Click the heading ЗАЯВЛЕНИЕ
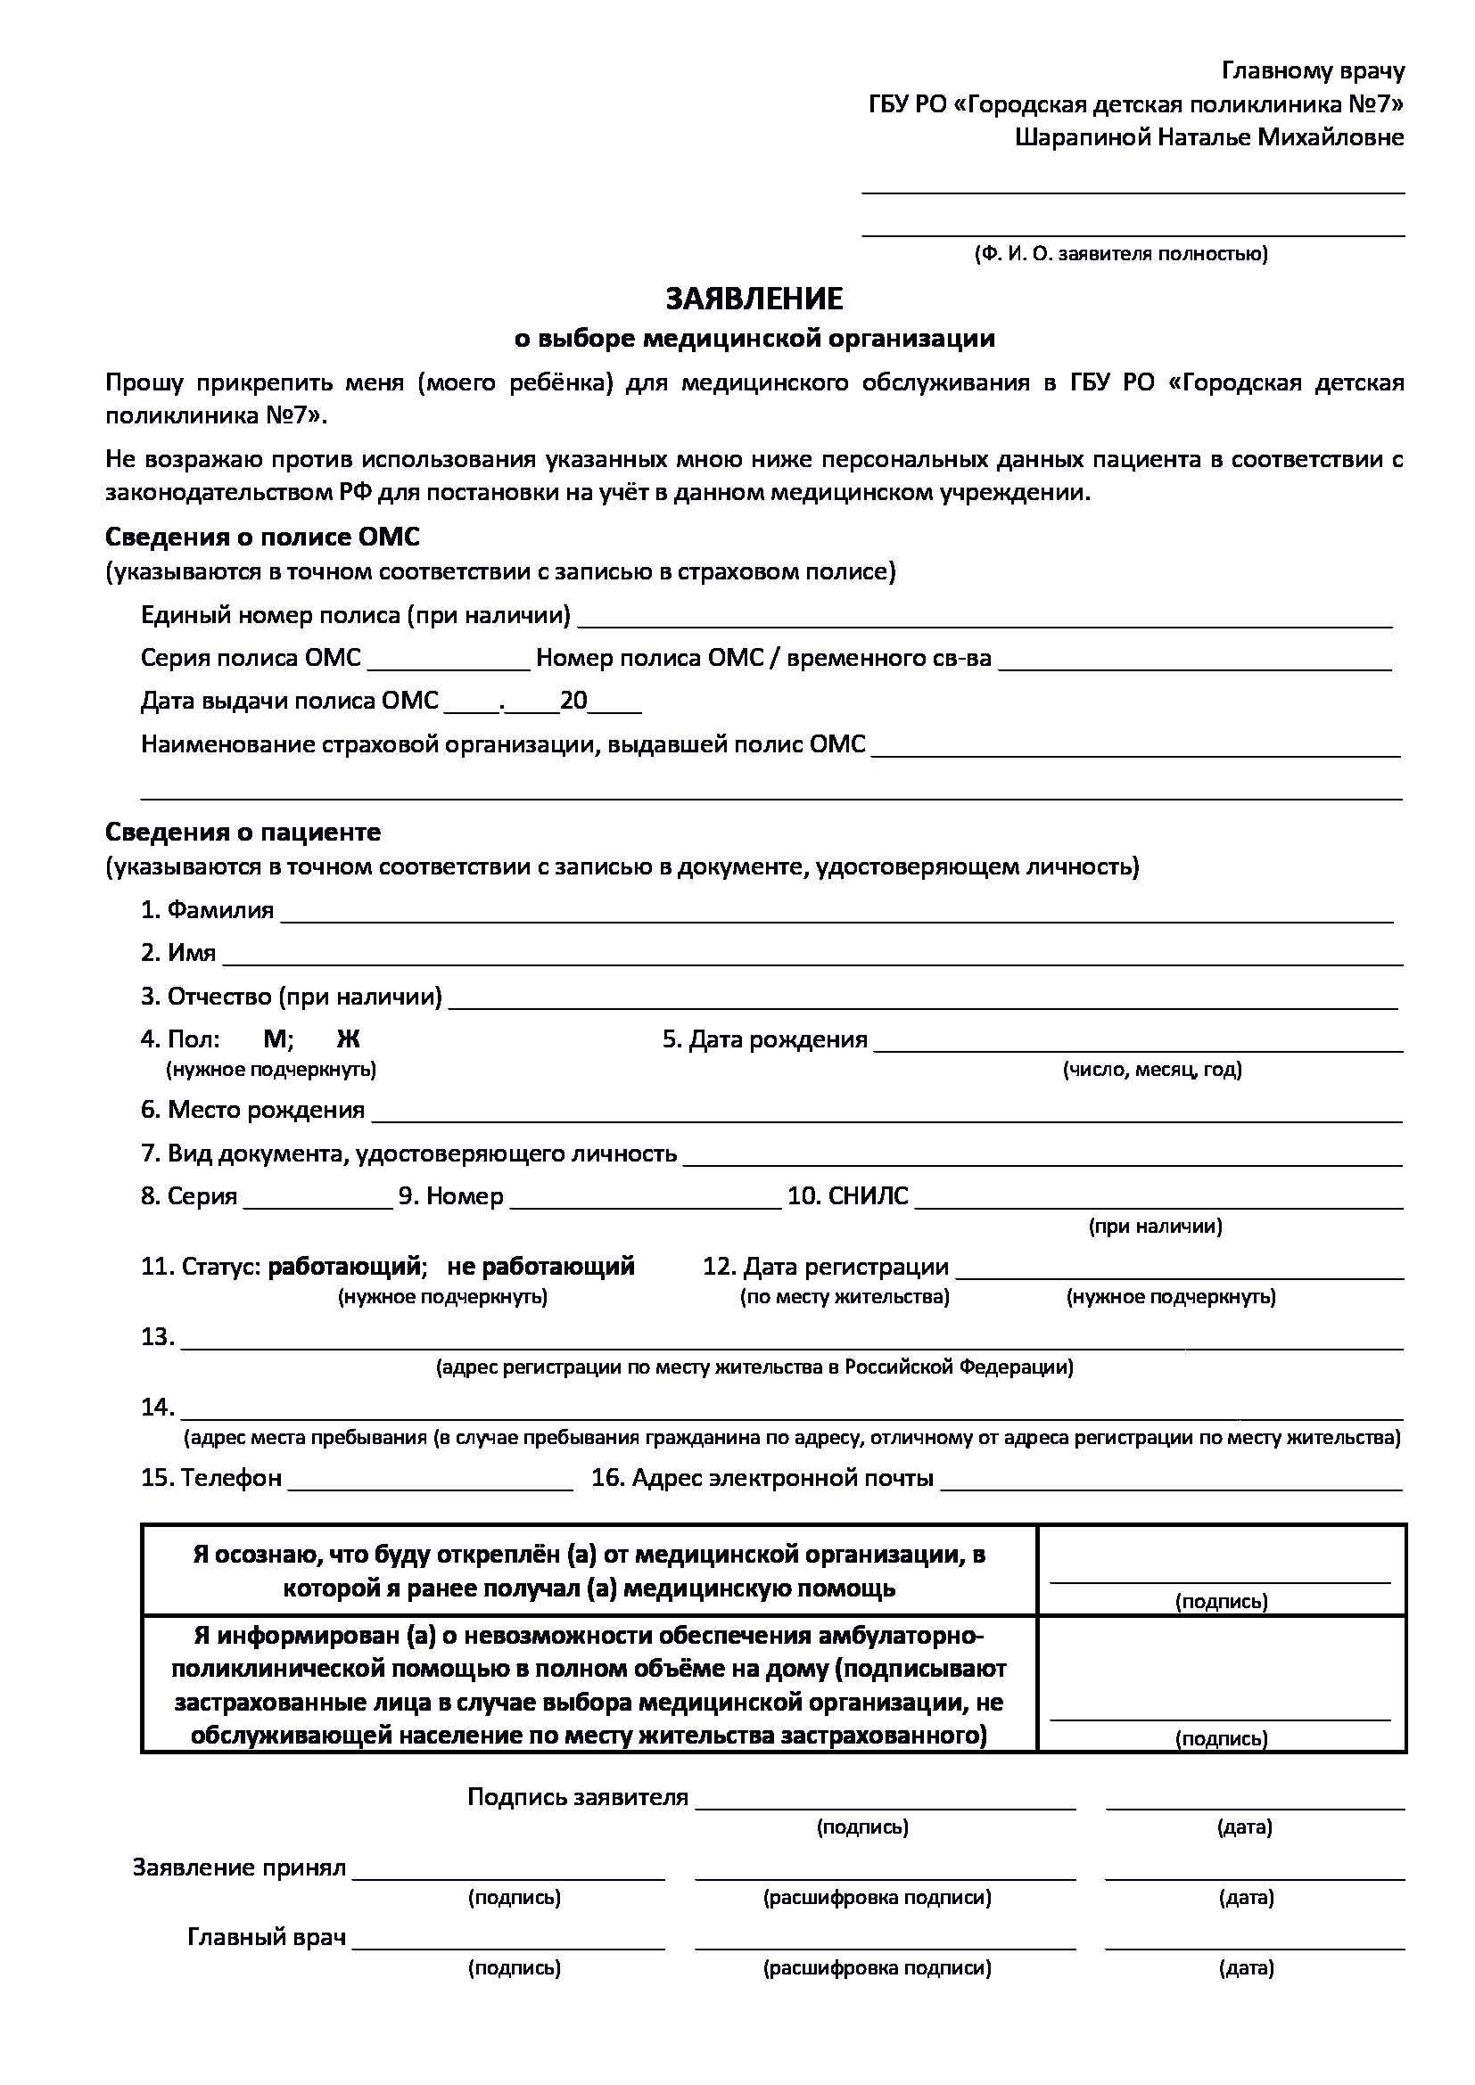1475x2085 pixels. coord(754,299)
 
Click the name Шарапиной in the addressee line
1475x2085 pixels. coord(1084,138)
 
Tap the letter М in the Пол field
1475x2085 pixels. coord(274,1039)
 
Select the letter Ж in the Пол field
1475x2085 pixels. coord(348,1039)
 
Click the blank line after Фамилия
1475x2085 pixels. coord(836,915)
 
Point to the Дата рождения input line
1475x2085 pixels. coord(1138,1045)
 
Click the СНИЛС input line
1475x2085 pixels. coord(1158,1202)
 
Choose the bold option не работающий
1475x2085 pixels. coord(540,1267)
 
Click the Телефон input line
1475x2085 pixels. coord(431,1483)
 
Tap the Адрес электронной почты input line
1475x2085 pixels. coord(1172,1483)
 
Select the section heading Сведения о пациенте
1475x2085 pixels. coord(243,833)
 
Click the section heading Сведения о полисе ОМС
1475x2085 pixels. coord(262,538)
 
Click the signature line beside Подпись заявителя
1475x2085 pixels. coord(885,1802)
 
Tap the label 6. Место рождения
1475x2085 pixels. coord(253,1110)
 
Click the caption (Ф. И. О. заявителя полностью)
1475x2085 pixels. coord(1121,254)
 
